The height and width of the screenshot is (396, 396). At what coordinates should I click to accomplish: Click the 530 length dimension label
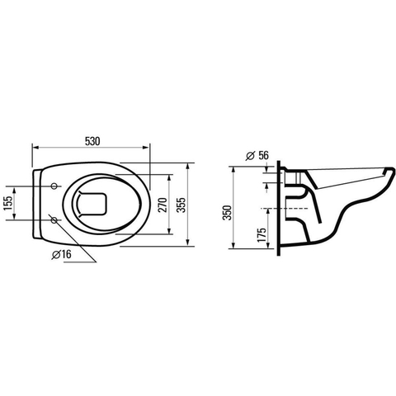pos(92,141)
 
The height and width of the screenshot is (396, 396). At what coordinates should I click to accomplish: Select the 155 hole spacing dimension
pos(8,203)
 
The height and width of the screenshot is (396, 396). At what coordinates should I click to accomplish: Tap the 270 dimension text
pos(163,205)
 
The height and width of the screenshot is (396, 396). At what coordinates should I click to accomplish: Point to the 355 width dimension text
pos(181,205)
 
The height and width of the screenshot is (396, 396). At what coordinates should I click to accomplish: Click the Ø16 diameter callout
pos(62,254)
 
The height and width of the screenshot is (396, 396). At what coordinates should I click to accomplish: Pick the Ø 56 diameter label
pos(257,156)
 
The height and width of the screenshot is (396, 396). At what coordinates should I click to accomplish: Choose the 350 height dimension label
pos(227,213)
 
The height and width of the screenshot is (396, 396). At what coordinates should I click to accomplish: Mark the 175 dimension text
pos(262,235)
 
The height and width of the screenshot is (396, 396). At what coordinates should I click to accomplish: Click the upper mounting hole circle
pos(54,186)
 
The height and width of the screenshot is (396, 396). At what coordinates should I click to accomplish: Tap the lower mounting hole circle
pos(54,220)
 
